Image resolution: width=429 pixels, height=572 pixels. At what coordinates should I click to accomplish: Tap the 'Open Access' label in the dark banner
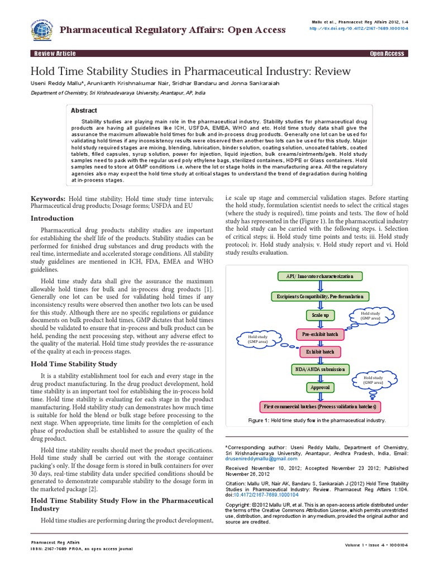pyautogui.click(x=387, y=54)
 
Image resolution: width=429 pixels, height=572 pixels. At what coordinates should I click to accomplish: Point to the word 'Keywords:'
pyautogui.click(x=47, y=199)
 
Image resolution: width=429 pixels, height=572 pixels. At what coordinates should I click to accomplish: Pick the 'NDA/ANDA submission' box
pyautogui.click(x=320, y=370)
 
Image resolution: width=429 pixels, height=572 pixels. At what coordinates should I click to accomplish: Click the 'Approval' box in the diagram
pyautogui.click(x=320, y=387)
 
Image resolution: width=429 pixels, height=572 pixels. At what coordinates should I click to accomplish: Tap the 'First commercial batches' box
pyautogui.click(x=320, y=406)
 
